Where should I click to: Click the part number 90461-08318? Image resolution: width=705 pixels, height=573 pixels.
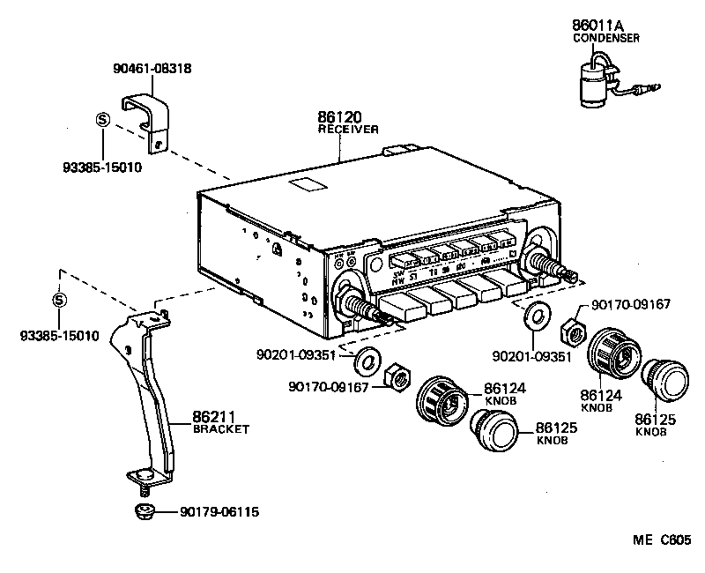[152, 68]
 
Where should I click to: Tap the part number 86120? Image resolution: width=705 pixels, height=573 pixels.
[339, 116]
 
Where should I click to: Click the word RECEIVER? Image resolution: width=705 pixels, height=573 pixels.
[348, 129]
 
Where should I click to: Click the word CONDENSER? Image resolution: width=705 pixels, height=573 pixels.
[605, 39]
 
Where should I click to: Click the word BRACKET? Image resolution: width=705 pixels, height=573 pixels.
[221, 429]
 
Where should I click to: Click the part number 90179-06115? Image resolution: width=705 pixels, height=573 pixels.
[219, 511]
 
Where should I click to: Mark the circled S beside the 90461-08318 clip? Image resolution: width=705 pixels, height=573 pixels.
[102, 121]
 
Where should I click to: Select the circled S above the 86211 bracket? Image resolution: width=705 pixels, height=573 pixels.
[59, 300]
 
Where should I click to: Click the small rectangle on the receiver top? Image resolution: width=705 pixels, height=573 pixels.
[308, 186]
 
